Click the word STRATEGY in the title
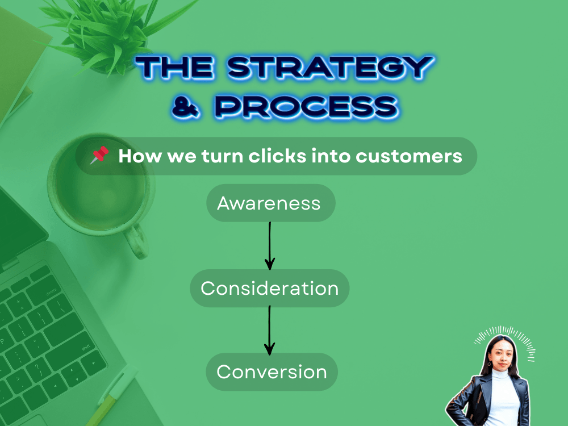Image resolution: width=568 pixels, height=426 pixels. [331, 68]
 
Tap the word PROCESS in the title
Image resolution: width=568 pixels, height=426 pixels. [307, 107]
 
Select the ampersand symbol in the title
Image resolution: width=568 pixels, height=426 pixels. [186, 107]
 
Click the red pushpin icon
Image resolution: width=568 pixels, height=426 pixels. [99, 154]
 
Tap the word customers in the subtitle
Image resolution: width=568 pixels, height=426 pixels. [408, 157]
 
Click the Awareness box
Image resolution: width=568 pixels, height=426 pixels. [270, 203]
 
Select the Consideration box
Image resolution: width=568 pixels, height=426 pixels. [269, 289]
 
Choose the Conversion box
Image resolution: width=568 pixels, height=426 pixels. [272, 372]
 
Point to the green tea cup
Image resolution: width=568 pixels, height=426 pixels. [99, 189]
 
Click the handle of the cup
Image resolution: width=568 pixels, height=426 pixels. [136, 240]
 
